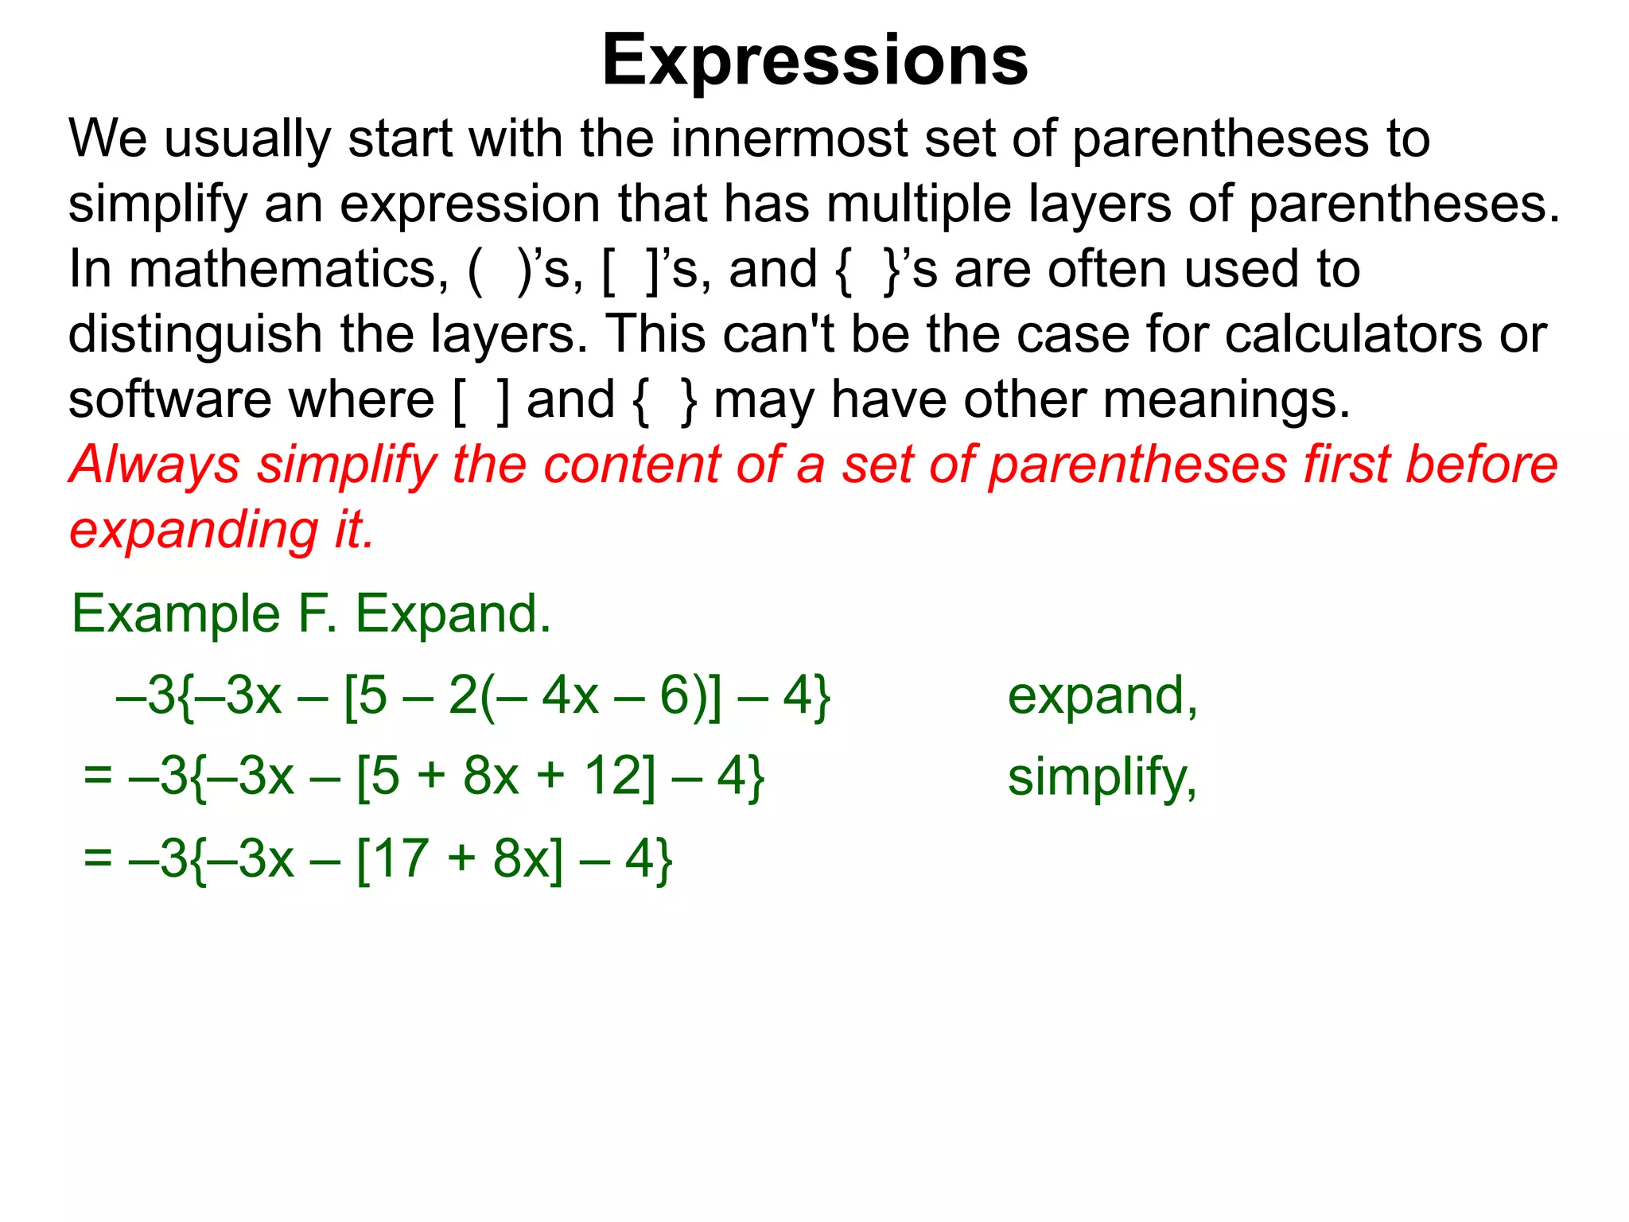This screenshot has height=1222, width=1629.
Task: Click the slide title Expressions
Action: [x=814, y=60]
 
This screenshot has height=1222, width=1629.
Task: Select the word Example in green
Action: [x=176, y=615]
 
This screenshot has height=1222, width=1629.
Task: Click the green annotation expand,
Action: [x=1102, y=697]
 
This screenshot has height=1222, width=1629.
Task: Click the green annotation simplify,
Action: [x=1102, y=778]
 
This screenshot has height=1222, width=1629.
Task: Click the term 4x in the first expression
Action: [x=570, y=696]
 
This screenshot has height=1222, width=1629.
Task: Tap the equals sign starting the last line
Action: [x=97, y=858]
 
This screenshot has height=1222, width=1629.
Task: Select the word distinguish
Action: [x=195, y=334]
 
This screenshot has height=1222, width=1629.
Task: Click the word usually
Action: [x=247, y=138]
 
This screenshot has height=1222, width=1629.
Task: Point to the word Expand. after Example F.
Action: [x=453, y=615]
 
